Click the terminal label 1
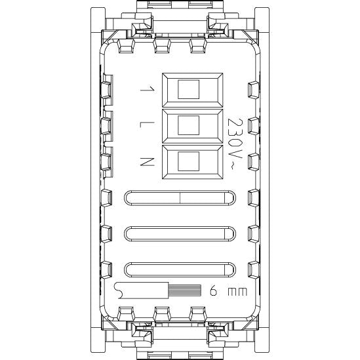pos(147,89)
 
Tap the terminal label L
pos(147,125)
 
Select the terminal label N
pos(147,161)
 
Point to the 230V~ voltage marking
pos(235,144)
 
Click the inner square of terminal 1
pos(188,89)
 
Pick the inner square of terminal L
pos(188,125)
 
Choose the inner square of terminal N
pos(188,161)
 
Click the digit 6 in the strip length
pos(213,291)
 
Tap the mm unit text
pos(237,292)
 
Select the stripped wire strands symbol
pos(185,290)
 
